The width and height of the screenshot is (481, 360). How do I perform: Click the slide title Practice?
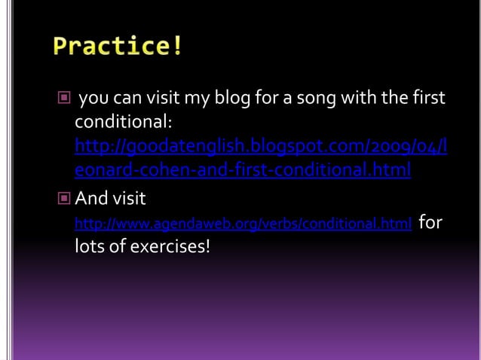[118, 47]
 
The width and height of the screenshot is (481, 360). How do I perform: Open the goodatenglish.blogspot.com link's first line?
[261, 145]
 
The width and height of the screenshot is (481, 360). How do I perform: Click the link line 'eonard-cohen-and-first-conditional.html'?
[242, 170]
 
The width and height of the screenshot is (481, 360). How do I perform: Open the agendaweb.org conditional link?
[243, 224]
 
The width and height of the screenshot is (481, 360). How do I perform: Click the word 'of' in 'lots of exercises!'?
[118, 246]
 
